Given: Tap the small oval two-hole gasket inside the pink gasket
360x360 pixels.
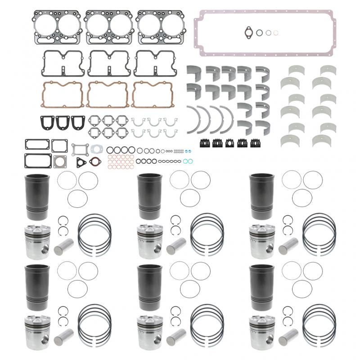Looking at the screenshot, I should tap(248, 32).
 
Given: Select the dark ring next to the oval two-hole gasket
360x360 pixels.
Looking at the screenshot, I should tap(260, 32).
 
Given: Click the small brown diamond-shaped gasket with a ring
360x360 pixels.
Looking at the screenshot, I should tap(94, 162).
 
